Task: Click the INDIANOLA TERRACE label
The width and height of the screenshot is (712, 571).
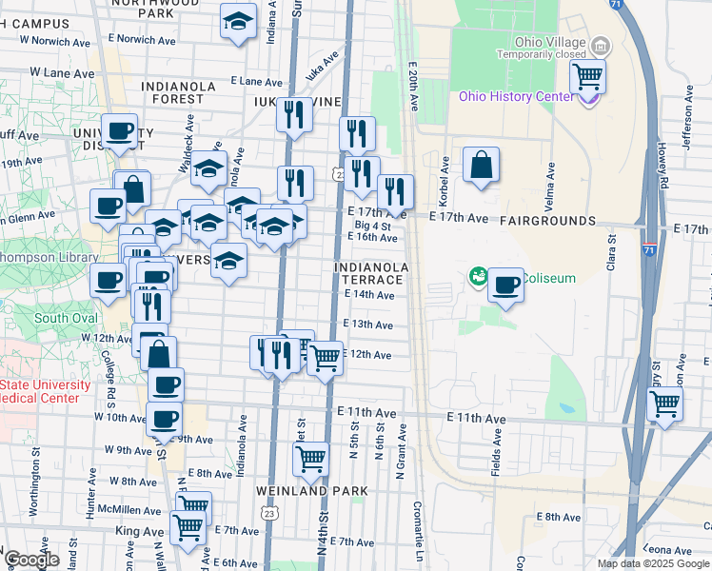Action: click(x=371, y=274)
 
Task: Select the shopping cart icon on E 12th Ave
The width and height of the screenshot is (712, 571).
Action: click(x=325, y=359)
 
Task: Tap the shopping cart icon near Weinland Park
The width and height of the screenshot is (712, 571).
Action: click(x=311, y=460)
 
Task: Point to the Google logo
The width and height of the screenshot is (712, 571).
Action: click(x=31, y=560)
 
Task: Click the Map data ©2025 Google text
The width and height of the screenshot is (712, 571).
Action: click(x=653, y=563)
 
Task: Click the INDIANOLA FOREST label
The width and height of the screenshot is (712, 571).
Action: click(x=179, y=92)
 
